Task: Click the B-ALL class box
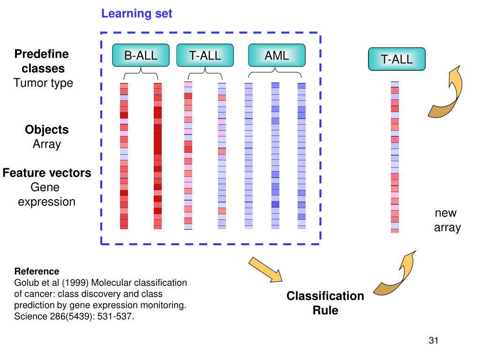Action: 141,55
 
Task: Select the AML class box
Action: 277,55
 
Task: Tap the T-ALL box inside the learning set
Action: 205,55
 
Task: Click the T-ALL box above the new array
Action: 397,59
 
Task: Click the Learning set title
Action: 136,14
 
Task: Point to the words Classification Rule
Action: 325,303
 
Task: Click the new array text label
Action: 447,220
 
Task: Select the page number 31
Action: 434,340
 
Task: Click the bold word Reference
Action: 37,271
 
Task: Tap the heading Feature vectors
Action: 47,173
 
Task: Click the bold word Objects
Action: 47,129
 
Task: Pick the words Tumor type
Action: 44,83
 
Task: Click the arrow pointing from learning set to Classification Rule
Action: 265,270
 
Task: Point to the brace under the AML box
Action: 275,73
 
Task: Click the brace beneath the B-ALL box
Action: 141,74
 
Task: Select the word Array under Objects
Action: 47,144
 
